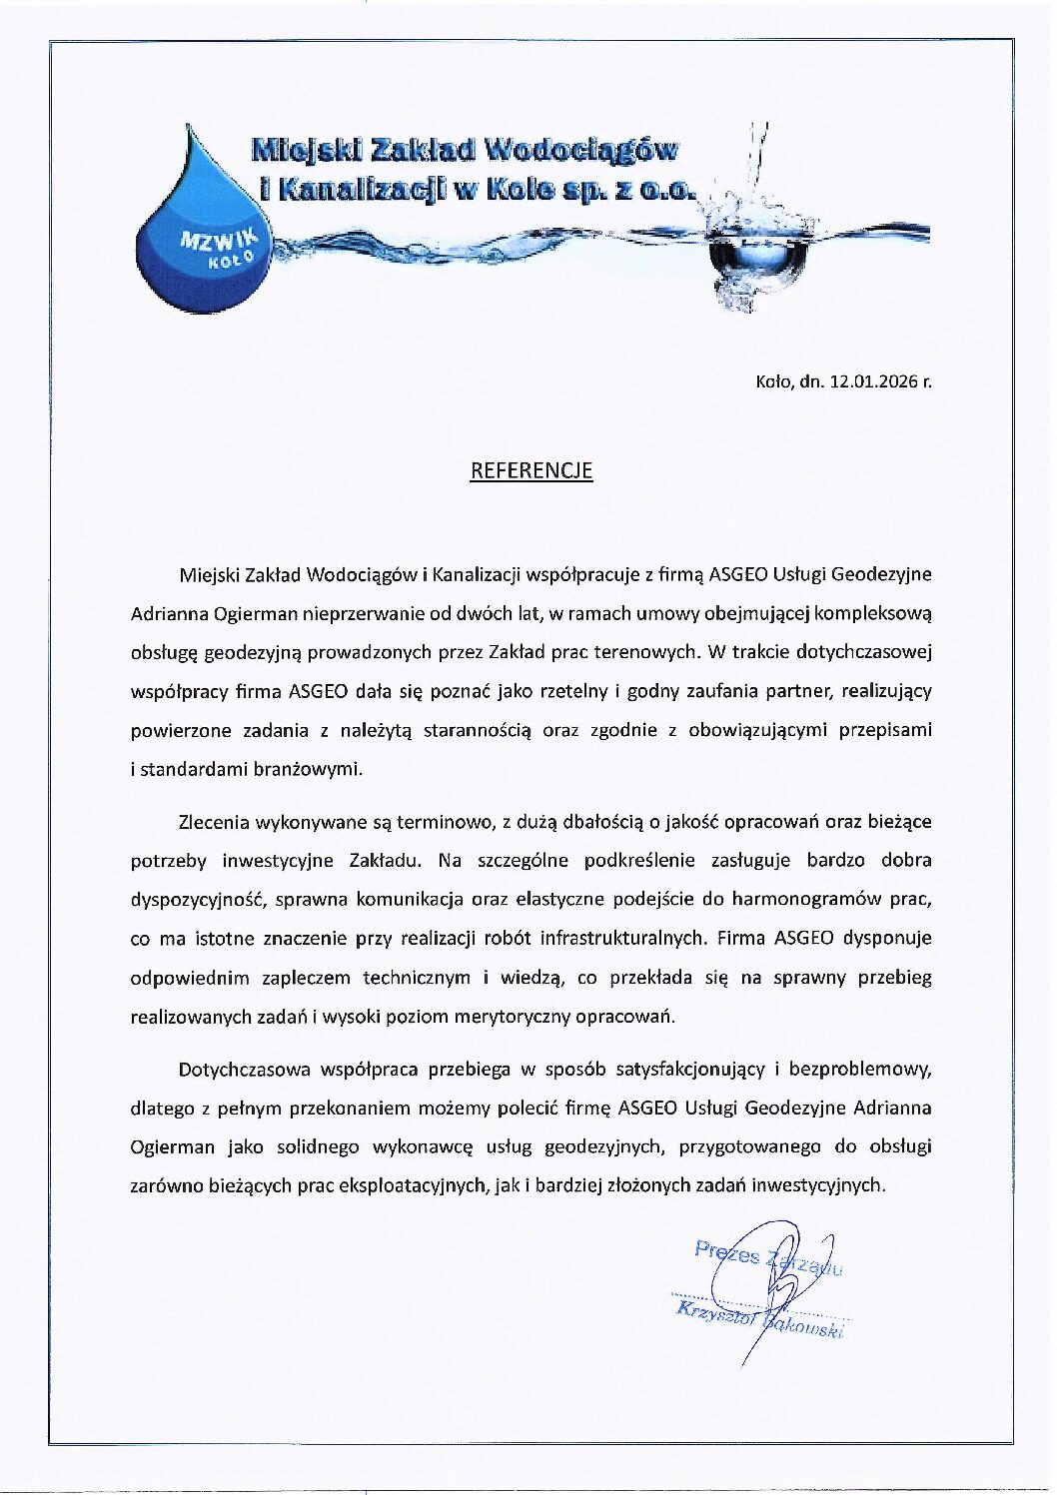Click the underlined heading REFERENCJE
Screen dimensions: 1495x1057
(x=531, y=470)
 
